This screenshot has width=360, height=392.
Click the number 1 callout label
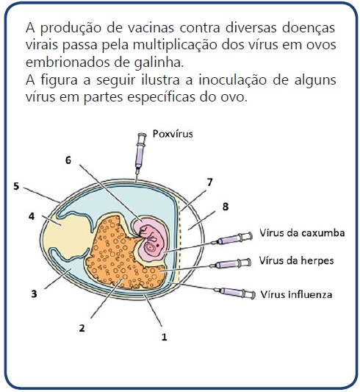click(x=164, y=338)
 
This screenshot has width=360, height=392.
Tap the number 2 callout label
click(x=82, y=328)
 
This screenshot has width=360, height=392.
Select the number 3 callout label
click(x=34, y=293)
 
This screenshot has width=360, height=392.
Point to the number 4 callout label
click(x=32, y=216)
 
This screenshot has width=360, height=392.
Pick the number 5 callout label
click(x=16, y=186)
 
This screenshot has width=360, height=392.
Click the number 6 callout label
click(x=68, y=160)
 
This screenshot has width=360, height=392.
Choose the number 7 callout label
click(x=209, y=182)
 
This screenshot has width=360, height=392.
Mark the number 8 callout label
click(x=226, y=207)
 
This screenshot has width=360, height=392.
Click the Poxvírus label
click(x=173, y=134)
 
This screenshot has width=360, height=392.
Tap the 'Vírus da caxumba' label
click(x=302, y=233)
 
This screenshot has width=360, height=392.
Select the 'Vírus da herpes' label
click(x=296, y=261)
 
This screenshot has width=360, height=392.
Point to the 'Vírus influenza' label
click(x=296, y=294)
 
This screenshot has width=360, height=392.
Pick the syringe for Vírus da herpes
click(x=230, y=264)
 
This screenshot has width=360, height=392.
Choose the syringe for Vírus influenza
click(x=234, y=292)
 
